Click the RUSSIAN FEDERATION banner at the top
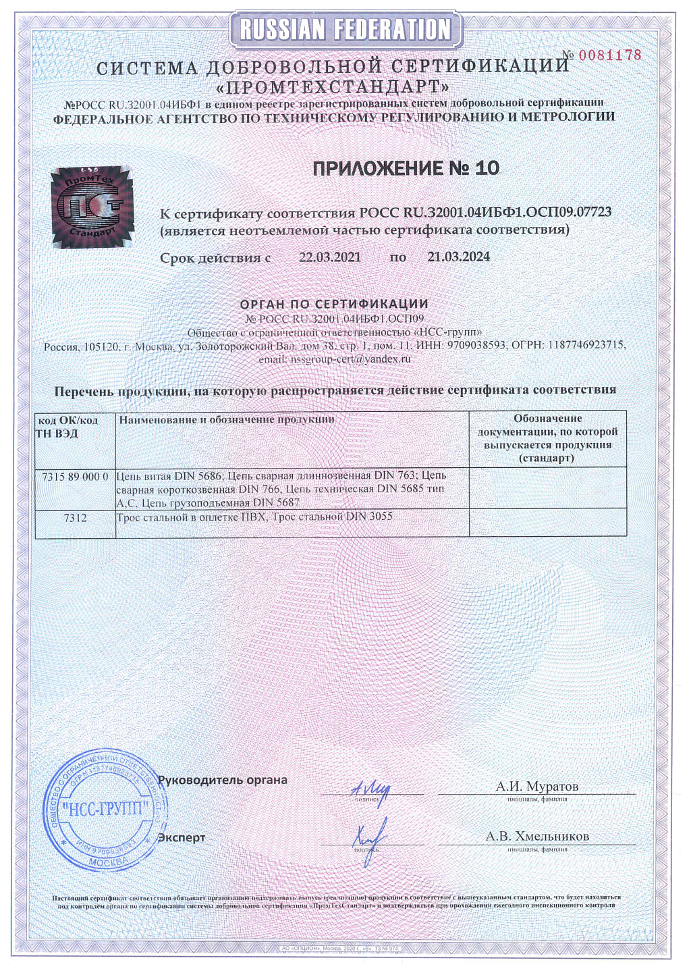(x=345, y=30)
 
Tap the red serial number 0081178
(x=609, y=55)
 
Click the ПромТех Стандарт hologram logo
(x=92, y=207)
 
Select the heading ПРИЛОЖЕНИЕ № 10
(x=406, y=168)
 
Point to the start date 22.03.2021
(x=329, y=257)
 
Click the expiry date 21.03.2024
(x=458, y=257)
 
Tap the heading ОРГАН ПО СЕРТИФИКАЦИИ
(x=335, y=305)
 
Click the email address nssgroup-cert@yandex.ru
(x=350, y=359)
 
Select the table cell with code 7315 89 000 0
(x=75, y=477)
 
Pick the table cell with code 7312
(x=75, y=518)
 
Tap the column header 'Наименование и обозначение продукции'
(x=227, y=420)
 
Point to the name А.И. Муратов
(x=536, y=787)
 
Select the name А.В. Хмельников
(x=537, y=837)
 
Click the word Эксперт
(x=182, y=838)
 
